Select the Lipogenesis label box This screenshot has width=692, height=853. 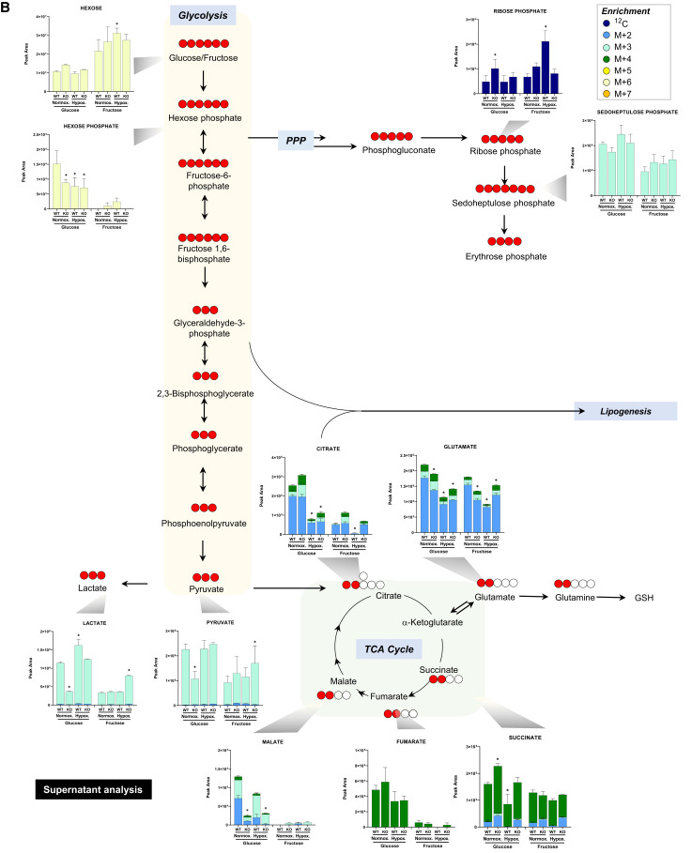coord(625,411)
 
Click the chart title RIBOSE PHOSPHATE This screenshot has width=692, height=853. coord(520,11)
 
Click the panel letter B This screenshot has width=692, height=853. coord(8,8)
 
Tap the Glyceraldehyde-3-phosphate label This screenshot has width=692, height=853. coord(205,327)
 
